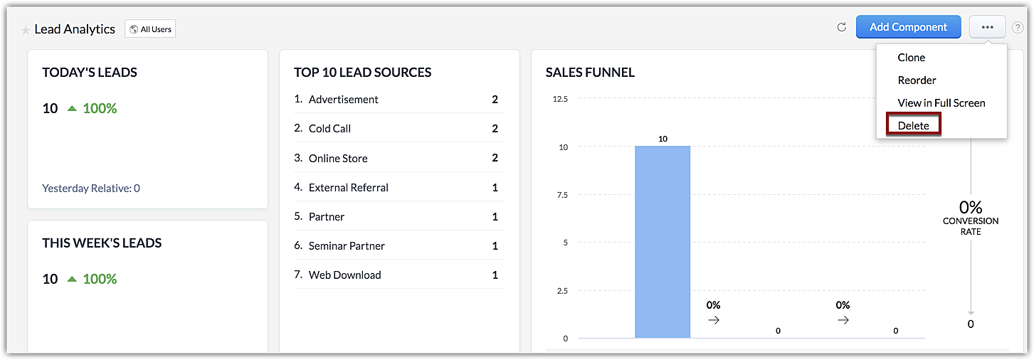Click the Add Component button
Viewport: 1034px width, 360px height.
coord(908,27)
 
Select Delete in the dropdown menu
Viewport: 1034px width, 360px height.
coord(914,125)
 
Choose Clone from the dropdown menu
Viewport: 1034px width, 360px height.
coord(912,58)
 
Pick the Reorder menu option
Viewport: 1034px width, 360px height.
coord(917,80)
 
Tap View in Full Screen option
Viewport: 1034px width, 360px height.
coord(941,103)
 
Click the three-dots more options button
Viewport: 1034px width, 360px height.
coord(987,27)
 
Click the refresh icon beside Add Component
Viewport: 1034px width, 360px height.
coord(841,27)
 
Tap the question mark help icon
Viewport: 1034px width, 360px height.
coord(1018,28)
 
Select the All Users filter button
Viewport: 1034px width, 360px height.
coord(150,29)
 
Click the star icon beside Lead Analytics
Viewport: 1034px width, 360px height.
coord(26,30)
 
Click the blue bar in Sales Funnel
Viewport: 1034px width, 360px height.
coord(663,242)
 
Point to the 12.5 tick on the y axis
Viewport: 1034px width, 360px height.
coord(560,99)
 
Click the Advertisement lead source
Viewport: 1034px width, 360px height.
coord(343,100)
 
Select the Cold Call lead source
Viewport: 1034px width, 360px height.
coord(329,129)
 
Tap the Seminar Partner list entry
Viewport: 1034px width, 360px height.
coord(347,246)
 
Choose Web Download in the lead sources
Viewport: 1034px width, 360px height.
coord(344,275)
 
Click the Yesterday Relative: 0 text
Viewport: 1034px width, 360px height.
coord(91,189)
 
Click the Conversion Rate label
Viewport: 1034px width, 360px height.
coord(970,226)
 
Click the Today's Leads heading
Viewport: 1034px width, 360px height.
coord(90,73)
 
